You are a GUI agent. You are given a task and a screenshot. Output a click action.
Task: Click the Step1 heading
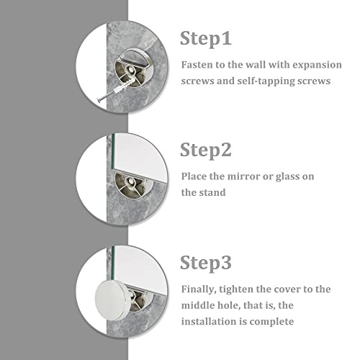206,38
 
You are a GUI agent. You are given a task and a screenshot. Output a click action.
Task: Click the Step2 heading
206,150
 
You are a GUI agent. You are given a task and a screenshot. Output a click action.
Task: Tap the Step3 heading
206,263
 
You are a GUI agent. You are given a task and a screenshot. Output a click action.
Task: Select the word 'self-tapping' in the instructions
266,81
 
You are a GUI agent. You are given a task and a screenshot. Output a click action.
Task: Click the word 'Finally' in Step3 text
197,289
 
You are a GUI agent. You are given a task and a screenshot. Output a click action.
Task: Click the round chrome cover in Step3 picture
112,300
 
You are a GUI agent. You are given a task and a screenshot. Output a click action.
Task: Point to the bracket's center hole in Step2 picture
131,181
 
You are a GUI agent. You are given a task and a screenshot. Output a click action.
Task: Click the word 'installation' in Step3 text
209,321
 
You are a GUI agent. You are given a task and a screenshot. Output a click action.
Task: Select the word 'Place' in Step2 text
194,176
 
